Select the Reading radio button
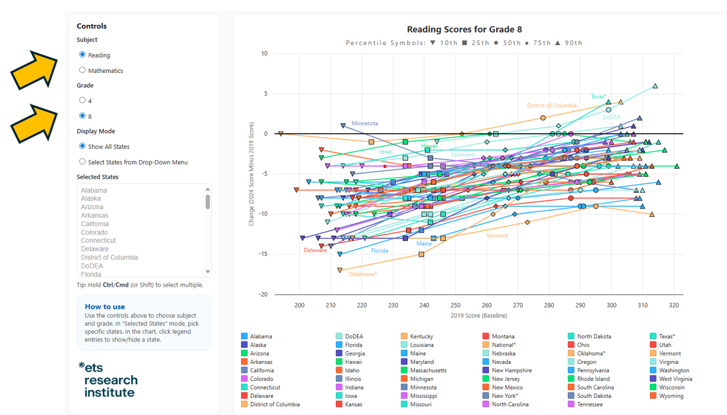(x=82, y=55)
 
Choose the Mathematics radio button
(x=82, y=70)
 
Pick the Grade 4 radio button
(x=82, y=100)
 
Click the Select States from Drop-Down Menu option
(x=82, y=161)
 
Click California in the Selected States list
(x=95, y=224)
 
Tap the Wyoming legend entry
(x=671, y=396)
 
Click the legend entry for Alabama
(x=261, y=337)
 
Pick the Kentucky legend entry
(x=421, y=337)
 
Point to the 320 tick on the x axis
(x=674, y=305)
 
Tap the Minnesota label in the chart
(x=365, y=123)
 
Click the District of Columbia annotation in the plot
(x=551, y=106)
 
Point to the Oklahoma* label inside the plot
(x=363, y=274)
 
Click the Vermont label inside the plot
(x=497, y=236)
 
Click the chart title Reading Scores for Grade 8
(x=464, y=30)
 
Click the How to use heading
(x=104, y=307)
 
